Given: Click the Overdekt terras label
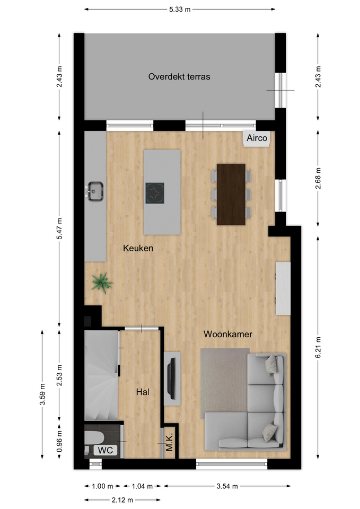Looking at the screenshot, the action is tap(179, 76).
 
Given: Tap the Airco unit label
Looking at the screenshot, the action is tap(257, 138).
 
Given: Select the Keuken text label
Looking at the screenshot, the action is tap(138, 248).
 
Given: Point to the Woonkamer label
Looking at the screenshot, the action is tap(228, 334).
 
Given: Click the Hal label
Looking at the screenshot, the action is tap(143, 392).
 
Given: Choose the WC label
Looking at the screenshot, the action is tap(106, 450).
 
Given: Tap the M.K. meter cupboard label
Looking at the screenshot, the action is tap(170, 442).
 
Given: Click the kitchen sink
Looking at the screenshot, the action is tap(95, 191).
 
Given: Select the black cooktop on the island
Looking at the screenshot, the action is tap(155, 193).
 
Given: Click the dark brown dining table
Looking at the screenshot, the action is tap(231, 195).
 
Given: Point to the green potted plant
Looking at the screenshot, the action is tap(102, 283).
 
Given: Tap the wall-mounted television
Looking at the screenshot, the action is tap(172, 379).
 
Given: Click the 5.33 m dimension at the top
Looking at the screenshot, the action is tap(180, 10).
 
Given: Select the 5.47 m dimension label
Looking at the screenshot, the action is tap(59, 229).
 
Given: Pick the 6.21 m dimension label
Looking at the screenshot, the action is tap(318, 347).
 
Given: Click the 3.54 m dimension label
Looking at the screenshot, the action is tap(227, 486).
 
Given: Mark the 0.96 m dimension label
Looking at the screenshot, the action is tap(59, 442).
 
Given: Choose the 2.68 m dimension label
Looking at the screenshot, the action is tap(318, 178).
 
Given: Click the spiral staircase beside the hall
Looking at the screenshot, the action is tap(101, 375).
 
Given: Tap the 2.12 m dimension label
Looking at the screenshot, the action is tap(122, 500).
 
